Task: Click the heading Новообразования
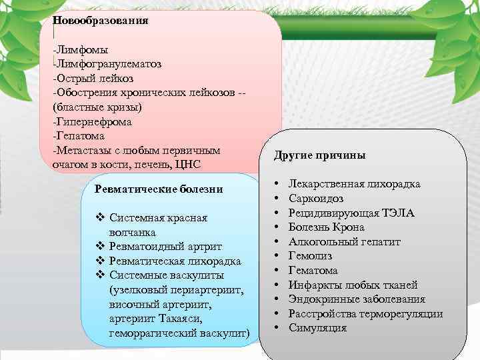coord(100,20)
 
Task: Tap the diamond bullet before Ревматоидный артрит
coord(100,247)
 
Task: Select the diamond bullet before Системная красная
coord(100,218)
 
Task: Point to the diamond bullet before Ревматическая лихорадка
coord(100,261)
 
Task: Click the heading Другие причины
coord(319,155)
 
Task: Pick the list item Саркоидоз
coord(316,198)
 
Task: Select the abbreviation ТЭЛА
coord(398,213)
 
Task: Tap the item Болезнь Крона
coord(326,227)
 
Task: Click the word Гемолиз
coord(310,256)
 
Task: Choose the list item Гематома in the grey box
coord(313,271)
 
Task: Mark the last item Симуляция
coord(317,328)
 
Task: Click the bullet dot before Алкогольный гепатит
coord(276,241)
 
